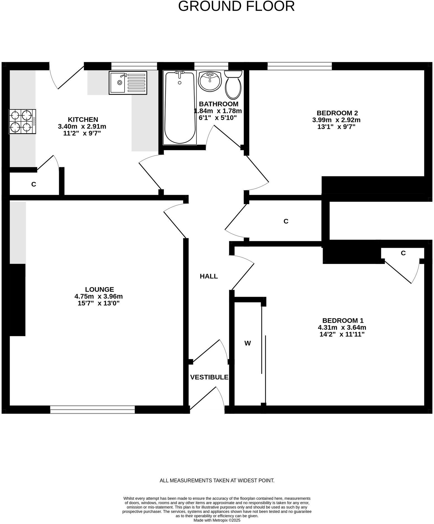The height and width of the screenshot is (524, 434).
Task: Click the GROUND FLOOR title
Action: pyautogui.click(x=236, y=6)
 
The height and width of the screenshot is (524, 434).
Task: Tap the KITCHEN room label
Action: pyautogui.click(x=83, y=120)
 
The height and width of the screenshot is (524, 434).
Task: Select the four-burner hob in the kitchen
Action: pyautogui.click(x=22, y=121)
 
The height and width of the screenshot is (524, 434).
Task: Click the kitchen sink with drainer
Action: pyautogui.click(x=128, y=83)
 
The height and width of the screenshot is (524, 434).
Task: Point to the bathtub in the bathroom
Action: pyautogui.click(x=180, y=108)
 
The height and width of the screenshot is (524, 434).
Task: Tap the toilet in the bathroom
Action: pyautogui.click(x=233, y=84)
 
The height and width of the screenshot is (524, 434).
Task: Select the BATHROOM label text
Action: pyautogui.click(x=219, y=104)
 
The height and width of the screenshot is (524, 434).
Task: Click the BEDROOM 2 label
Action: pyautogui.click(x=337, y=113)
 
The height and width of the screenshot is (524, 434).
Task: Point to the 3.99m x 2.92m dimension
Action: pyautogui.click(x=336, y=120)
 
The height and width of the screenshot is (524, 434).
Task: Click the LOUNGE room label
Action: pyautogui.click(x=100, y=289)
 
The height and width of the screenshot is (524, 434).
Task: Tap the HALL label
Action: pyautogui.click(x=209, y=276)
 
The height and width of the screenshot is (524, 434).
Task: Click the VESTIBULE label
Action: pyautogui.click(x=209, y=377)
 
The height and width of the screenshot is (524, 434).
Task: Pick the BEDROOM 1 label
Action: pyautogui.click(x=343, y=321)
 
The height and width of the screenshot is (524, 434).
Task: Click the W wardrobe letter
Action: pyautogui.click(x=247, y=343)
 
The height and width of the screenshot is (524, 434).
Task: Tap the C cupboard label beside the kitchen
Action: pyautogui.click(x=34, y=184)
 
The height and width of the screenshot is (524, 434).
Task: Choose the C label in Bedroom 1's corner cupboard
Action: pyautogui.click(x=403, y=253)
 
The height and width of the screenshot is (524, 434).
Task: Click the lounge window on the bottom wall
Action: pyautogui.click(x=92, y=410)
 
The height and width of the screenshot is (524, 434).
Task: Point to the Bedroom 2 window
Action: pyautogui.click(x=299, y=66)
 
